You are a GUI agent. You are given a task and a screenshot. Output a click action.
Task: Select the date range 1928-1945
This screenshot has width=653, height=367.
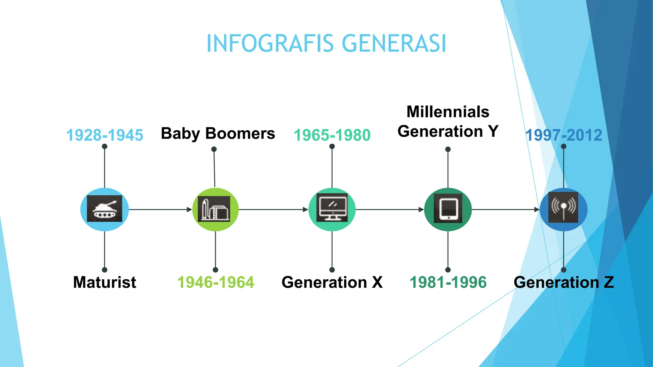click(x=105, y=135)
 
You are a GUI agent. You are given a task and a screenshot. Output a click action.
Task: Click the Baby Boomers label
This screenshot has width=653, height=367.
click(x=218, y=133)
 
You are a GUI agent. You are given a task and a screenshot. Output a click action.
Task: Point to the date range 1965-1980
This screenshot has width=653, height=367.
click(x=332, y=135)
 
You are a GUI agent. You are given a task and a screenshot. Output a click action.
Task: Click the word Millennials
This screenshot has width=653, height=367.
click(x=448, y=112)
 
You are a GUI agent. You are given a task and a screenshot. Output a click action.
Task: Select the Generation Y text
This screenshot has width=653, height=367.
click(x=448, y=131)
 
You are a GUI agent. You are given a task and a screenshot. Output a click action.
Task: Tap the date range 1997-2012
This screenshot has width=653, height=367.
click(x=563, y=135)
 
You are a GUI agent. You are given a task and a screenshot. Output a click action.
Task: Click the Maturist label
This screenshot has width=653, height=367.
click(x=105, y=282)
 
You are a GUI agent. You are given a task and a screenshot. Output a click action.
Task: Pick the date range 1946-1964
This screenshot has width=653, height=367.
click(x=216, y=282)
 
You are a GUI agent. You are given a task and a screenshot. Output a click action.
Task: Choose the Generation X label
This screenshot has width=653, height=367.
click(x=332, y=282)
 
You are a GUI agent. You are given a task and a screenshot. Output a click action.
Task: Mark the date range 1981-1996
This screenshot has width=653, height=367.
click(x=448, y=282)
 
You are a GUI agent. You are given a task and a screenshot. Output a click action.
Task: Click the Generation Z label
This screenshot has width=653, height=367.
click(x=563, y=282)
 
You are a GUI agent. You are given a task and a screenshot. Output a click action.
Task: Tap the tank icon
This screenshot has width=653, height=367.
click(x=105, y=209)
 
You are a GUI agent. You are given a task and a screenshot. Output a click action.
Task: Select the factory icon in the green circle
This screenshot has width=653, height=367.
click(x=214, y=209)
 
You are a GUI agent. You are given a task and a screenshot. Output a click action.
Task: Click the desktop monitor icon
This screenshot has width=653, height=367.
click(x=332, y=208)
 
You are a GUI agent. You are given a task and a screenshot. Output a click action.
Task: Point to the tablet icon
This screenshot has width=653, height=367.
click(x=448, y=209)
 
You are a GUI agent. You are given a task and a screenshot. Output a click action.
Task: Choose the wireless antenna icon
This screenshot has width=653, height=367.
click(x=563, y=208)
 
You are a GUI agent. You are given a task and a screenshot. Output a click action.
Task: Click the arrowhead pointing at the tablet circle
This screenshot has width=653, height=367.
click(x=421, y=210)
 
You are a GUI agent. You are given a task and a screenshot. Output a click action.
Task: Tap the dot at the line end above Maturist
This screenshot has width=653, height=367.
click(x=105, y=270)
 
